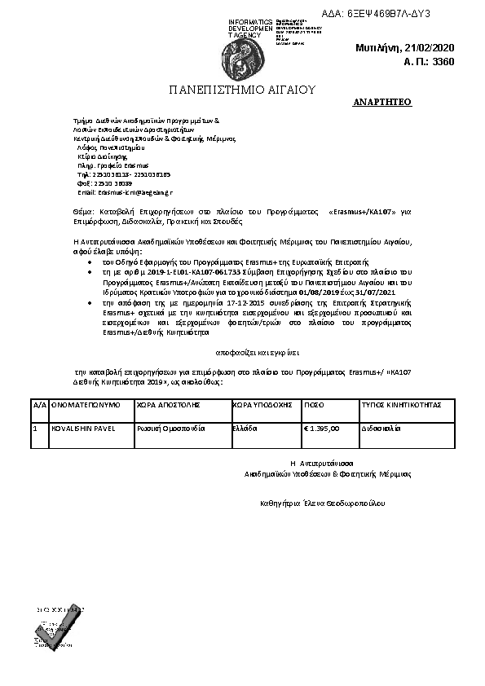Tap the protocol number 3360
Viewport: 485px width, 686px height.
pyautogui.click(x=442, y=62)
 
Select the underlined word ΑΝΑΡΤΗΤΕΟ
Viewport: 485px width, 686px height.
pyautogui.click(x=382, y=103)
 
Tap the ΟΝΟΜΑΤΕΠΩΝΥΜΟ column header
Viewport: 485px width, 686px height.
pyautogui.click(x=86, y=404)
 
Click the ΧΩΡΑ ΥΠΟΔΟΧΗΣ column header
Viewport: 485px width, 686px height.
pyautogui.click(x=262, y=404)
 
